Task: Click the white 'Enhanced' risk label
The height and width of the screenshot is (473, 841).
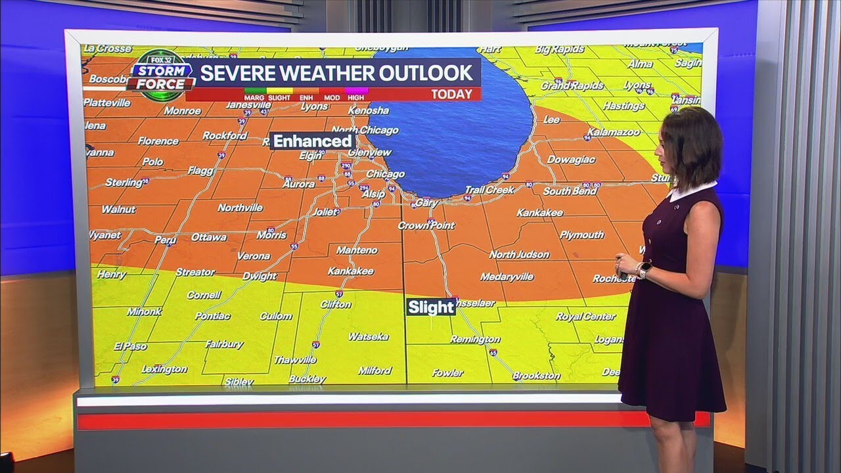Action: pyautogui.click(x=312, y=141)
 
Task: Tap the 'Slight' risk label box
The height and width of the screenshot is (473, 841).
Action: pyautogui.click(x=431, y=307)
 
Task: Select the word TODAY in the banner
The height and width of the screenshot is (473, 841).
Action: pyautogui.click(x=451, y=94)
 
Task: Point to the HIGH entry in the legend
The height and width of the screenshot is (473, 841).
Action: pyautogui.click(x=355, y=97)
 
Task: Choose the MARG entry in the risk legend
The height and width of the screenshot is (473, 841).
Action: pyautogui.click(x=253, y=97)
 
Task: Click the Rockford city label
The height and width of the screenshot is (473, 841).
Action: pyautogui.click(x=225, y=135)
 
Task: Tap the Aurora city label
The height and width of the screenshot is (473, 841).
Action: pyautogui.click(x=298, y=184)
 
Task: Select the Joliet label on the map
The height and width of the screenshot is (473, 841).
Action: pyautogui.click(x=324, y=212)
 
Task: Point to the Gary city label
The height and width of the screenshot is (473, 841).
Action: pyautogui.click(x=426, y=204)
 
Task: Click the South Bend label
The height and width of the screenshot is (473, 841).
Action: pyautogui.click(x=570, y=191)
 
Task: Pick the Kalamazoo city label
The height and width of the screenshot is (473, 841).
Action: pyautogui.click(x=613, y=132)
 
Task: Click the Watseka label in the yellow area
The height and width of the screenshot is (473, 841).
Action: pyautogui.click(x=368, y=336)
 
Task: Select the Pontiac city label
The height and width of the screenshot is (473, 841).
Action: pyautogui.click(x=212, y=316)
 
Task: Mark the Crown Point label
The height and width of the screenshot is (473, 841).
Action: pyautogui.click(x=426, y=225)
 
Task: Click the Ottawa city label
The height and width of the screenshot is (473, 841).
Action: pyautogui.click(x=209, y=237)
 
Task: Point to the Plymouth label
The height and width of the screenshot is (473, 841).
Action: pyautogui.click(x=581, y=235)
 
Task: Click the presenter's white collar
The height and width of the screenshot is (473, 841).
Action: pyautogui.click(x=690, y=191)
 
